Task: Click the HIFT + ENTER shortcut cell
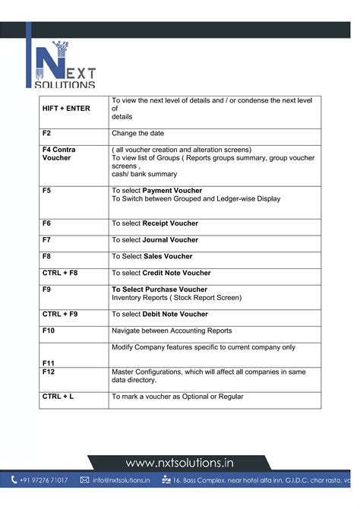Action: coord(66,109)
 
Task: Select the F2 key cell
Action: coord(47,133)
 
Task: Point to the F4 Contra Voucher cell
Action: coord(59,154)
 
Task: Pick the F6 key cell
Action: coord(47,223)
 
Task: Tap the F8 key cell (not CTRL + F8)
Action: coord(47,256)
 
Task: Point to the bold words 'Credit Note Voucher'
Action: coord(177,273)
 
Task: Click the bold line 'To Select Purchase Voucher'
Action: coord(159,289)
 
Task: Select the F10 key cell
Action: coord(49,330)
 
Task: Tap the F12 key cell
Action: coord(49,371)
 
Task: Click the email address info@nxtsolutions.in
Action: coord(122,480)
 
